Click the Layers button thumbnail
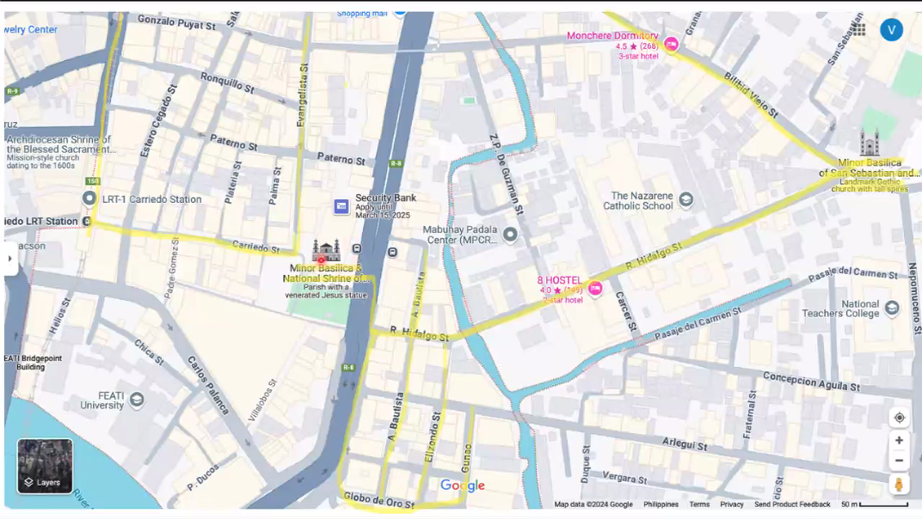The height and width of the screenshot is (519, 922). coord(45,466)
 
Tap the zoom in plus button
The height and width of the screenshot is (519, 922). coord(899,440)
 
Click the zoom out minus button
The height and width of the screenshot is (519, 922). coord(899,461)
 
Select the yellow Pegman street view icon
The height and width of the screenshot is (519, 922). coord(899,485)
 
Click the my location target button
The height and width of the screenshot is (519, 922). coord(899,418)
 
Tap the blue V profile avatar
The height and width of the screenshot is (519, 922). coord(891,30)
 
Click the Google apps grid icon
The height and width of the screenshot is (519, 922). coord(858,30)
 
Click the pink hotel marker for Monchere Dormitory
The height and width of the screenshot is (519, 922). coord(671,45)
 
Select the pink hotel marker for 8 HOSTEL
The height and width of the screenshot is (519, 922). coord(595,289)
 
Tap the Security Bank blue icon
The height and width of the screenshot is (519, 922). coord(341,206)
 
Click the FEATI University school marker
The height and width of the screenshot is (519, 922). coord(137,400)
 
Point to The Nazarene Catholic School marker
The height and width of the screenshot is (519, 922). coord(685,200)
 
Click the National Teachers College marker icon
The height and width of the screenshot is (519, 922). coord(892,308)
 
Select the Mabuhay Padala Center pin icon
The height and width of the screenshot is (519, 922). coord(510,235)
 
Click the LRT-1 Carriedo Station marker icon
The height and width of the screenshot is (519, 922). coord(89,199)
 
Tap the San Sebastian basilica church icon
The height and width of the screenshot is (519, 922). coord(870,143)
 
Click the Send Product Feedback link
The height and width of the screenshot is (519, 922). coord(792,504)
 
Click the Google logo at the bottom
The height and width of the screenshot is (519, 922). coord(463,486)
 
